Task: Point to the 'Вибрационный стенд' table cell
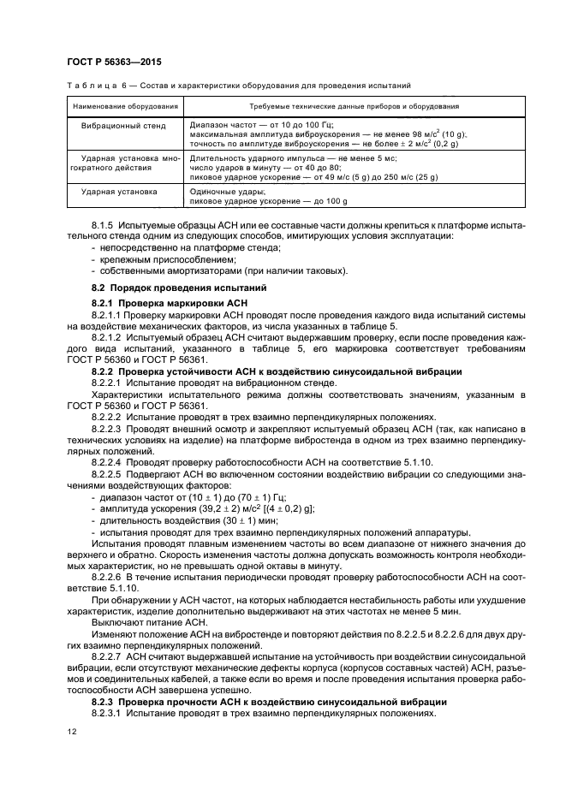[124, 125]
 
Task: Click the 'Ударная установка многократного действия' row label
[124, 163]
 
